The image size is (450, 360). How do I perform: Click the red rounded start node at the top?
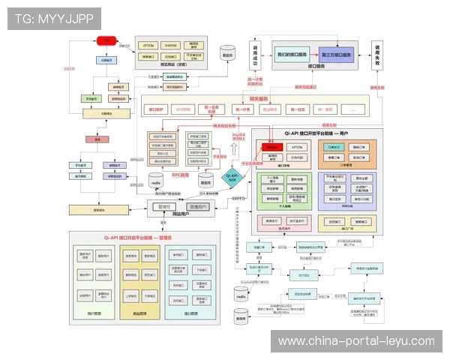pos(106,40)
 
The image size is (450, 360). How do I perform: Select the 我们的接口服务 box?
pos(292,55)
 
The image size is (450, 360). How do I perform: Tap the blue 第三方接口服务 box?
pos(336,55)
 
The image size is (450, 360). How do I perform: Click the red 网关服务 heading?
pos(259,98)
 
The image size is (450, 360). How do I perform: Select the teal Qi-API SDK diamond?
pos(232,177)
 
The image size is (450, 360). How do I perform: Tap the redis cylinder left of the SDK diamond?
pos(157,181)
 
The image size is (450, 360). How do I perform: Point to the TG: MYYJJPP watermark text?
pos(53,17)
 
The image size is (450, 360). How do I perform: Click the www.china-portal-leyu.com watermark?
pos(355,341)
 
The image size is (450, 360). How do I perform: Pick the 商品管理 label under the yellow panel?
pos(139,313)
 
